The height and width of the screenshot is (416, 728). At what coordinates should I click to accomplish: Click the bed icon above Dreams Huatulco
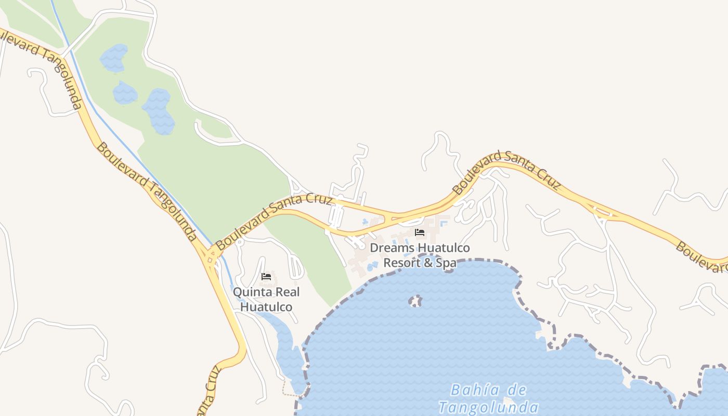click(x=420, y=232)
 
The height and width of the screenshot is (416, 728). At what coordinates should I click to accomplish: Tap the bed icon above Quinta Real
click(x=266, y=277)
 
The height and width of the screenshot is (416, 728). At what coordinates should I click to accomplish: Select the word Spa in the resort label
click(x=446, y=263)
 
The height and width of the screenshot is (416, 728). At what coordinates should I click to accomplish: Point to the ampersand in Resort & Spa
click(x=427, y=263)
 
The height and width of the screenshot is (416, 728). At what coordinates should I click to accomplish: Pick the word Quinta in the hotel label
click(x=249, y=292)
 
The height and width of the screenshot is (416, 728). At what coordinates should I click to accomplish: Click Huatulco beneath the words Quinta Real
click(x=266, y=307)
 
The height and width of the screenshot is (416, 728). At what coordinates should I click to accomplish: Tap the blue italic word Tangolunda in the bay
click(x=488, y=407)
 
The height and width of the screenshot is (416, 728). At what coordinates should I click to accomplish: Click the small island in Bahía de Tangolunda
click(x=415, y=301)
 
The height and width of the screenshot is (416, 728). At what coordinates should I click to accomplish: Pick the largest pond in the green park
click(x=158, y=110)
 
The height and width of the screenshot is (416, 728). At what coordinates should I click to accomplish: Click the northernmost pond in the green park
click(x=114, y=57)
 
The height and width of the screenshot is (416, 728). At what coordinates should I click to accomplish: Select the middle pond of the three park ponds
click(x=125, y=93)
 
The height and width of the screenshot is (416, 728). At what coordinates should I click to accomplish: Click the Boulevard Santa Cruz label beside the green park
click(x=274, y=220)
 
